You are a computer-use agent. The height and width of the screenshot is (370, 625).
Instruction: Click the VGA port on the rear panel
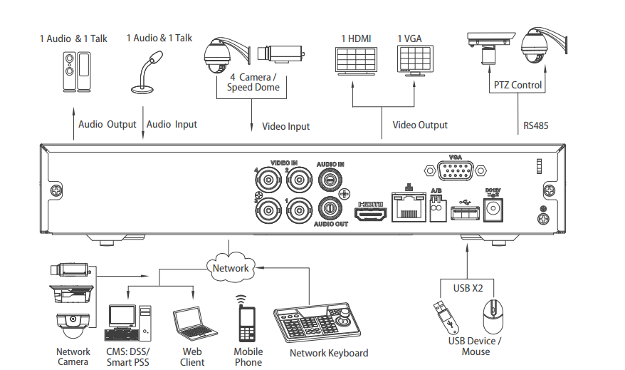coord(455,171)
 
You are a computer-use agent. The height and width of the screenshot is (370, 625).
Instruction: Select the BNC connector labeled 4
coord(268,180)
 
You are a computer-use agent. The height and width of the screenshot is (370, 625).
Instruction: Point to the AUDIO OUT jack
coord(330,208)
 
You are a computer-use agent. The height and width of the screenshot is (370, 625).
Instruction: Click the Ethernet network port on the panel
coord(409,206)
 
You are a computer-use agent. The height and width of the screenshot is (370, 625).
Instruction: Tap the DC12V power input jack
coord(493,210)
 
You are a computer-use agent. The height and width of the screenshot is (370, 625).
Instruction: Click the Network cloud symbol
coord(231,267)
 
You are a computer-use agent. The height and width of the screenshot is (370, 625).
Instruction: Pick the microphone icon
coord(146,72)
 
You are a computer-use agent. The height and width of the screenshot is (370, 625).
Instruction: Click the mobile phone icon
coord(247,321)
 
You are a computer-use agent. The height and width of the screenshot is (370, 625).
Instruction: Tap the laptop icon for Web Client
coord(194,324)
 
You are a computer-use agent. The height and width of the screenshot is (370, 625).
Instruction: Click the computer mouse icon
coord(493,317)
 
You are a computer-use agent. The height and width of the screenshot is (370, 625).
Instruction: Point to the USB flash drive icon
coord(446,317)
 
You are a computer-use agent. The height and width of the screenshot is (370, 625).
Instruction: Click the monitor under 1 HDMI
coord(356,61)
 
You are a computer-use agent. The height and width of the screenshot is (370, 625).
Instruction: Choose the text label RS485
coord(536,125)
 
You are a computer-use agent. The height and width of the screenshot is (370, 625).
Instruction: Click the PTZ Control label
coord(518,85)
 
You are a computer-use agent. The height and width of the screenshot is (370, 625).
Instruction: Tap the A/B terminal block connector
coord(438,208)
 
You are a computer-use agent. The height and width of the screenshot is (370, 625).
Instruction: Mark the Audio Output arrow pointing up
coord(73,123)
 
